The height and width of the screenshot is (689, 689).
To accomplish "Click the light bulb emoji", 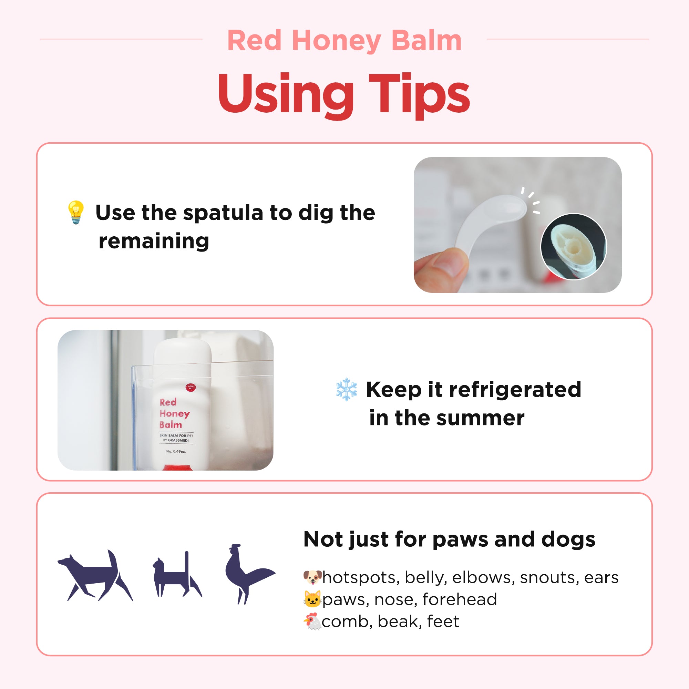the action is pos(76,212).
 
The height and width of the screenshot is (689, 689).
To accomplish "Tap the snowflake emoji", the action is pos(346,389).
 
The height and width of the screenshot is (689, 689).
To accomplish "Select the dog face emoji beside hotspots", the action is pos(312,577).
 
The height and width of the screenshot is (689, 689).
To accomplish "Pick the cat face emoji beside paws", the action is pos(312,599).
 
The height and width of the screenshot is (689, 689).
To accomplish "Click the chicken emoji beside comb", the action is pos(312,621).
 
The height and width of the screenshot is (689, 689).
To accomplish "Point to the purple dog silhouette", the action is pos(95,575).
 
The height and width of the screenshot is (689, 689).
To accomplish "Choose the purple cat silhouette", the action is pos(177,574).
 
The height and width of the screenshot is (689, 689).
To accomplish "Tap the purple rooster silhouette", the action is pos(250,574).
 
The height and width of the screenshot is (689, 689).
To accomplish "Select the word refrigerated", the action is pos(515,390).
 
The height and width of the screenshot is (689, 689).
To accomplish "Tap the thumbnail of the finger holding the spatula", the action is pos(517,225).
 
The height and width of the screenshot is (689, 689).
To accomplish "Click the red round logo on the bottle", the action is pos(191,387).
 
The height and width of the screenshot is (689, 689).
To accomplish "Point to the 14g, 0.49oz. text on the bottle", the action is pos(175,451).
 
